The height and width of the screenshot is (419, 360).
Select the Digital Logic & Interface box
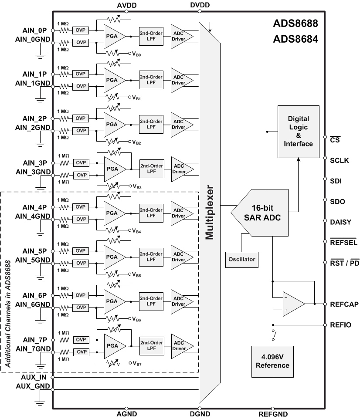[298, 131]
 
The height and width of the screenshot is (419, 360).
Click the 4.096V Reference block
[272, 361]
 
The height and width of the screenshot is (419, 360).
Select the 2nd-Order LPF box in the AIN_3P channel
[151, 167]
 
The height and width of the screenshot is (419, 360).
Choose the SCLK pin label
[339, 160]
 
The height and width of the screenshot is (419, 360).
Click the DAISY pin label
[340, 222]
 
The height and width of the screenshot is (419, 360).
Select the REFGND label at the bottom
[273, 415]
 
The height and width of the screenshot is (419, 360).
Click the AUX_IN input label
[34, 377]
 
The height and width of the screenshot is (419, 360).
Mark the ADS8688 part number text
[295, 23]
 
